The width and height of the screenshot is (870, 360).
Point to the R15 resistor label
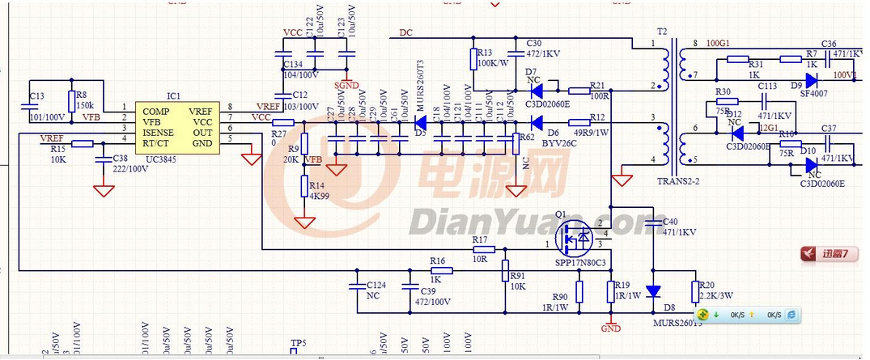[x=57, y=149]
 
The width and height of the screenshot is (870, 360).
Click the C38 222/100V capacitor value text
[x=129, y=168]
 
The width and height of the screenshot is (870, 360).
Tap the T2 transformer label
[x=663, y=32]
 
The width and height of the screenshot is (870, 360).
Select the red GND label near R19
[x=610, y=328]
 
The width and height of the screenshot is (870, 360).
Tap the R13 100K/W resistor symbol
[x=473, y=59]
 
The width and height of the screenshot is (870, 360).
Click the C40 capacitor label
[x=670, y=221]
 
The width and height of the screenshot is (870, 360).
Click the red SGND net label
[x=346, y=85]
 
